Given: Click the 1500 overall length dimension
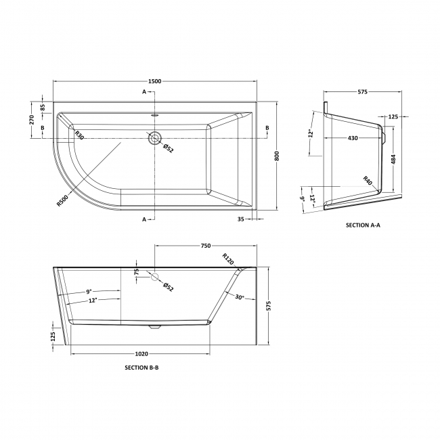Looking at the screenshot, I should (154, 81).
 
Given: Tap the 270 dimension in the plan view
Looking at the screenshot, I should (31, 120).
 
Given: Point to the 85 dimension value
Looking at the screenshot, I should (43, 107).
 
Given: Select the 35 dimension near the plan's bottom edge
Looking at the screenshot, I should (241, 219).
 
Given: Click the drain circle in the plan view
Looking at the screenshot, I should (156, 139).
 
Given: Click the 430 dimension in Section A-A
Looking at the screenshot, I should (353, 138).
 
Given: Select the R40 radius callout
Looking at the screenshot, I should (368, 181).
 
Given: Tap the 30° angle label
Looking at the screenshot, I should (239, 296).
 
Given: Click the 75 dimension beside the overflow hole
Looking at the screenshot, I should (136, 272).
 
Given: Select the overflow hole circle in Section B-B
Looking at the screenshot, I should (155, 278).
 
